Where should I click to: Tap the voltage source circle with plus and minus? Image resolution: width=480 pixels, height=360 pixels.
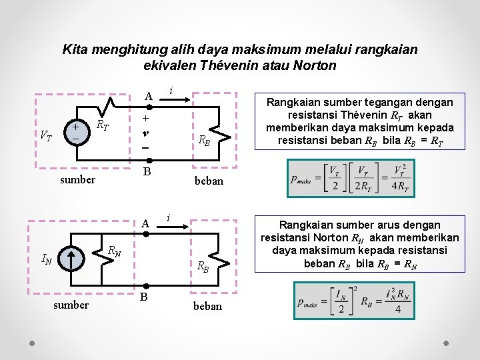(x=75, y=131)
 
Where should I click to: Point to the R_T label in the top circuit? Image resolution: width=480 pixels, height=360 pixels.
(x=103, y=124)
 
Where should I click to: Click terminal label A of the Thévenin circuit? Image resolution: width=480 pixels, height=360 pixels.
(x=149, y=97)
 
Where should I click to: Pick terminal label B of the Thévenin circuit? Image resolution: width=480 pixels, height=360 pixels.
(x=148, y=172)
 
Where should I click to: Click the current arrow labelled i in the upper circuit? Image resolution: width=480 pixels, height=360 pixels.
(x=181, y=97)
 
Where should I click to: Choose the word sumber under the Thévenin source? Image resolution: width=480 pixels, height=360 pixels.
(x=77, y=179)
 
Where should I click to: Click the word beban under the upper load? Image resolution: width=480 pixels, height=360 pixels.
(x=208, y=181)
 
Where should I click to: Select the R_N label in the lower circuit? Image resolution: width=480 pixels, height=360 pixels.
(x=115, y=251)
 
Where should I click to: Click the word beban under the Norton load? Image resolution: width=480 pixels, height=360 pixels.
(x=208, y=306)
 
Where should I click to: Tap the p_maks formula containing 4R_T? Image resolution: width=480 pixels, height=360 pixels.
(x=351, y=178)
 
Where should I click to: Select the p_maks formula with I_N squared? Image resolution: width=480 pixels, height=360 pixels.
(x=351, y=300)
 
